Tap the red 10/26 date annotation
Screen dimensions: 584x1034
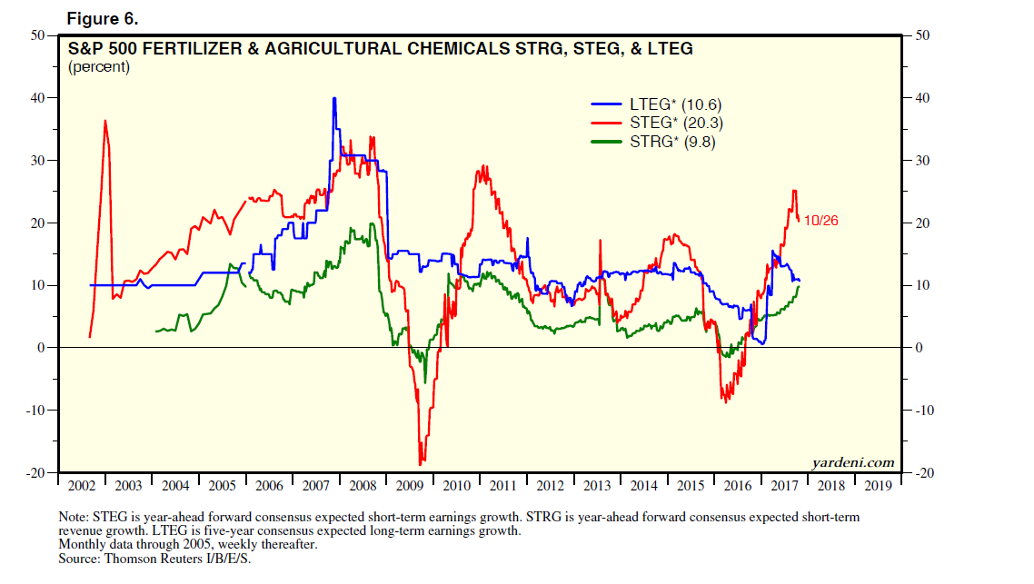821,221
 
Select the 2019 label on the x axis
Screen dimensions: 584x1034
879,484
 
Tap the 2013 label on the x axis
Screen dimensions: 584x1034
597,484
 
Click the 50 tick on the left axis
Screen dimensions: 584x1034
38,35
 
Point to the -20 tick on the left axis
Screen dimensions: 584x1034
36,473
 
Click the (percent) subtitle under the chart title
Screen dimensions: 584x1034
99,66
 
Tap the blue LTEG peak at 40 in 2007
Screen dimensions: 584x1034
334,98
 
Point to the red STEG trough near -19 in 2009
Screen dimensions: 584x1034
421,464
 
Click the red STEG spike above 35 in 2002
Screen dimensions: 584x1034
105,121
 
